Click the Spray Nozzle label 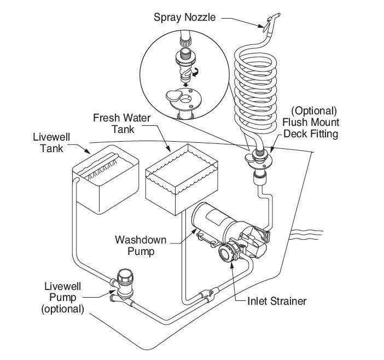185,18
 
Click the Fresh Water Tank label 122,124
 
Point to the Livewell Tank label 51,143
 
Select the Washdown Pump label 141,246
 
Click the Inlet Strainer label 277,301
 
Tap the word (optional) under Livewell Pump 63,309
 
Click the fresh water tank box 182,179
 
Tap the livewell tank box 106,179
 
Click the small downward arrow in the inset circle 186,85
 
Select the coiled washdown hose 255,93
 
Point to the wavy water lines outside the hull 306,235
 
